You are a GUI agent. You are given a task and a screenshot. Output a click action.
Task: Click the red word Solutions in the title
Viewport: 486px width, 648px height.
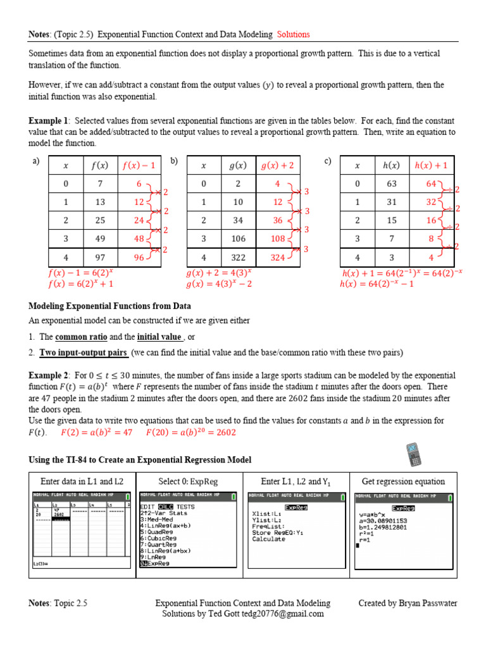293,34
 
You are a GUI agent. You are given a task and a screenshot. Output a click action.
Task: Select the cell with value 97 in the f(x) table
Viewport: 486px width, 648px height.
100,258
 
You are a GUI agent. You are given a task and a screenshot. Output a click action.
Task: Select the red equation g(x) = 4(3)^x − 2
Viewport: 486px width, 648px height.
219,284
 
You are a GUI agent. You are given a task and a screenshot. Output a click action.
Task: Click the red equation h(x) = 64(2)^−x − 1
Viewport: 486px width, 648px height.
377,284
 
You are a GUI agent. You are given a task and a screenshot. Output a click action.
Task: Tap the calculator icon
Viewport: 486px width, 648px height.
417,456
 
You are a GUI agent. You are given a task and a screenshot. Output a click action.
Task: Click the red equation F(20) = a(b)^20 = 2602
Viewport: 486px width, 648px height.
190,433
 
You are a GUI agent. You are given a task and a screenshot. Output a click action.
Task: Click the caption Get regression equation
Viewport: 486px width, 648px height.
403,482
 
